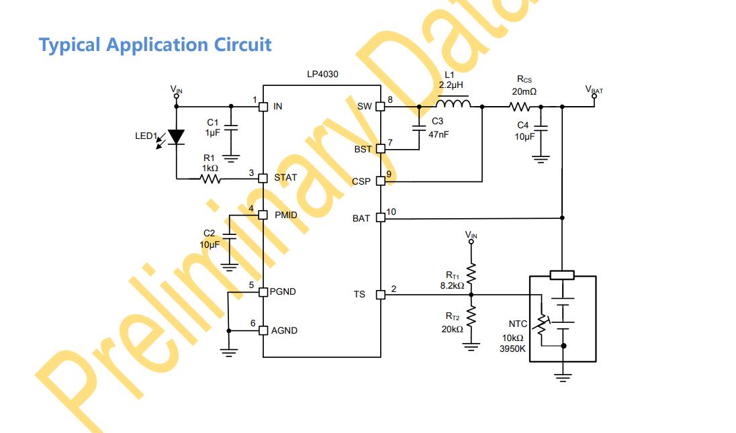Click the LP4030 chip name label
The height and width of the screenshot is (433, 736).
322,75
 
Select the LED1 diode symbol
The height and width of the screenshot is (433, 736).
176,137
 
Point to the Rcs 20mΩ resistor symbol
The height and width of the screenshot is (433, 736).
520,107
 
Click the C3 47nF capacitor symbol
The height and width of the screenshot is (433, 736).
419,127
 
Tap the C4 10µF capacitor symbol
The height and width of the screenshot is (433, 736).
541,128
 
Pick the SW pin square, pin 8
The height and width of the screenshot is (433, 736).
380,106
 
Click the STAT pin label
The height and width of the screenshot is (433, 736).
285,178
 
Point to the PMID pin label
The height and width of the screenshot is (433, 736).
287,215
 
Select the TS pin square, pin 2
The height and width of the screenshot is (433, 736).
380,294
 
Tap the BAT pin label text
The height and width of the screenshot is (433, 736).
361,218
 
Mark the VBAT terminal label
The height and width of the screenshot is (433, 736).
594,89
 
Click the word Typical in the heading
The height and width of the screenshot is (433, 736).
70,45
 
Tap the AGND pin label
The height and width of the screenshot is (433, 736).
284,330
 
